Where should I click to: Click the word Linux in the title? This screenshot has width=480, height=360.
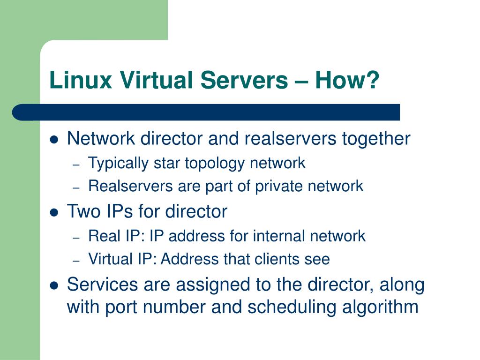81,80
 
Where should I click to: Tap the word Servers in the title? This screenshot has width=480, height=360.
244,80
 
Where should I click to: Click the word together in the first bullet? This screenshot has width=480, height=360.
376,139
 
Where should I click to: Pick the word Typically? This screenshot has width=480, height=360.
118,164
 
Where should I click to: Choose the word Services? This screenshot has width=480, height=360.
102,285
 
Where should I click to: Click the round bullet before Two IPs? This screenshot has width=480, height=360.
54,212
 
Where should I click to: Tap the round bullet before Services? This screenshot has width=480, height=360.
54,285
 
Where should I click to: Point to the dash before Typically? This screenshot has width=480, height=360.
76,165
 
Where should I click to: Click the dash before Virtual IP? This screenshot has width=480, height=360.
76,261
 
